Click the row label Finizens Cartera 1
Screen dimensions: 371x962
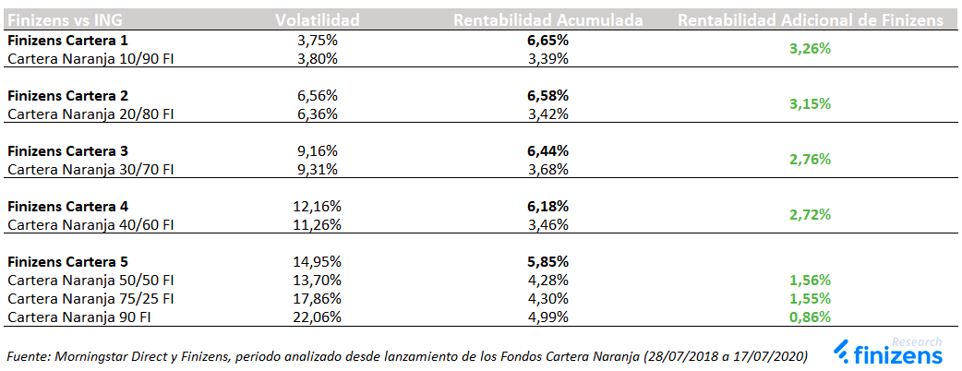click(x=67, y=41)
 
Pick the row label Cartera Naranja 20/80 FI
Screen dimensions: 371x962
click(x=90, y=114)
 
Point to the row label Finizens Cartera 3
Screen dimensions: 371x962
click(x=67, y=151)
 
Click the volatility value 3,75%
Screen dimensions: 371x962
click(x=318, y=41)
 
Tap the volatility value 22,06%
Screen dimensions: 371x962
click(x=318, y=317)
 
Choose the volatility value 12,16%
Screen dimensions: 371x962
click(x=318, y=207)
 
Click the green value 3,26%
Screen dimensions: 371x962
click(x=811, y=50)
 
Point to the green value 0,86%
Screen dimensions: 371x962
click(x=811, y=317)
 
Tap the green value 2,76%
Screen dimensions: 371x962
click(x=811, y=160)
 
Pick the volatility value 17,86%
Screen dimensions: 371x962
click(x=318, y=299)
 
